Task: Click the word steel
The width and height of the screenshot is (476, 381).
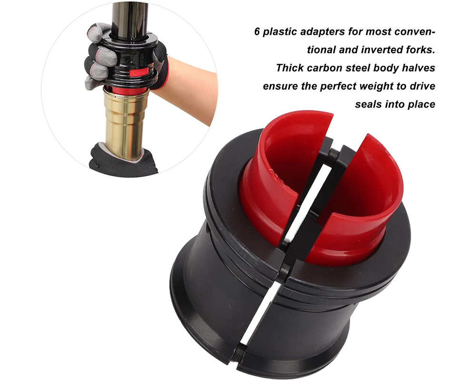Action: click(x=364, y=68)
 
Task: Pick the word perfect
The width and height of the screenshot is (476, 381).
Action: click(x=340, y=86)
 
